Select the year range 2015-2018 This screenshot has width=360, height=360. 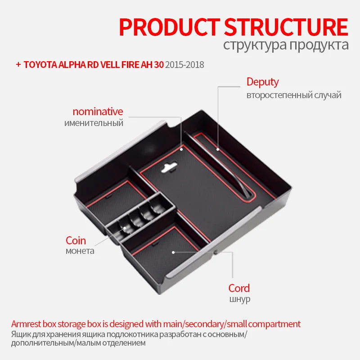pyautogui.click(x=184, y=65)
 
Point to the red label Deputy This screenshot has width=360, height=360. pyautogui.click(x=262, y=82)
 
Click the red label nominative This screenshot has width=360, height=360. pyautogui.click(x=98, y=111)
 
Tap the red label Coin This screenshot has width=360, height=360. pyautogui.click(x=76, y=240)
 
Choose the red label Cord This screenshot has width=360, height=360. pyautogui.click(x=239, y=288)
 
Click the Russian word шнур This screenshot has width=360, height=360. pyautogui.click(x=239, y=299)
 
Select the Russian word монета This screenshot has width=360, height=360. pyautogui.click(x=80, y=251)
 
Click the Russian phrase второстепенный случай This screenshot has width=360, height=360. pyautogui.click(x=294, y=95)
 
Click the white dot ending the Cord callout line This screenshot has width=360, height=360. pyautogui.click(x=173, y=253)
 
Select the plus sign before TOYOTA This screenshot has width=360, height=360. pyautogui.click(x=18, y=65)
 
